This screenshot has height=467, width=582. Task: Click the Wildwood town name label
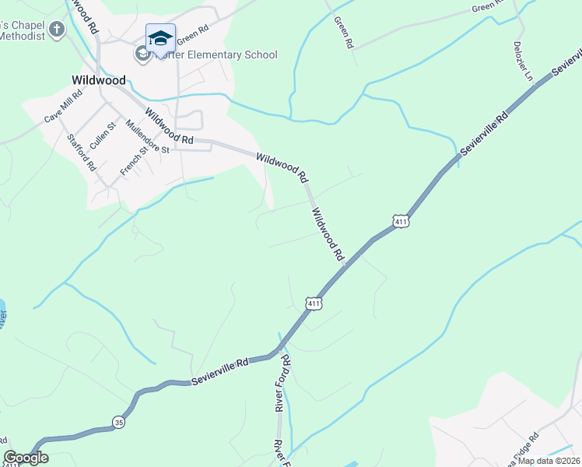pyautogui.click(x=98, y=79)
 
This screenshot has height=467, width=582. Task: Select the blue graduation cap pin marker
pyautogui.click(x=160, y=39)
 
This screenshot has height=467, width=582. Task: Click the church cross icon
pyautogui.click(x=57, y=30)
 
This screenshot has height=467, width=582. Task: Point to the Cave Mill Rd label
pyautogui.click(x=63, y=105)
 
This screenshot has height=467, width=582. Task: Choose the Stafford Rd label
pyautogui.click(x=81, y=153)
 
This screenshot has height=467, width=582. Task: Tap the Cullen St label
pyautogui.click(x=103, y=135)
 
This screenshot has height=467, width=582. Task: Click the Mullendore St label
pyautogui.click(x=148, y=138)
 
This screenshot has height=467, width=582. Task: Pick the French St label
pyautogui.click(x=133, y=160)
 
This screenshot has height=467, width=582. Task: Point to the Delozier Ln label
pyautogui.click(x=522, y=61)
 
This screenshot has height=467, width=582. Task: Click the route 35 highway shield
pyautogui.click(x=119, y=422)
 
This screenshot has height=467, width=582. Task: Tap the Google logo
pyautogui.click(x=26, y=458)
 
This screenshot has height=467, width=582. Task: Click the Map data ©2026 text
pyautogui.click(x=548, y=461)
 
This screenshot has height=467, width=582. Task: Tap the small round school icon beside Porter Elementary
pyautogui.click(x=142, y=54)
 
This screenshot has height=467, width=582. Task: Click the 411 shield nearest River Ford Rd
pyautogui.click(x=313, y=303)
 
